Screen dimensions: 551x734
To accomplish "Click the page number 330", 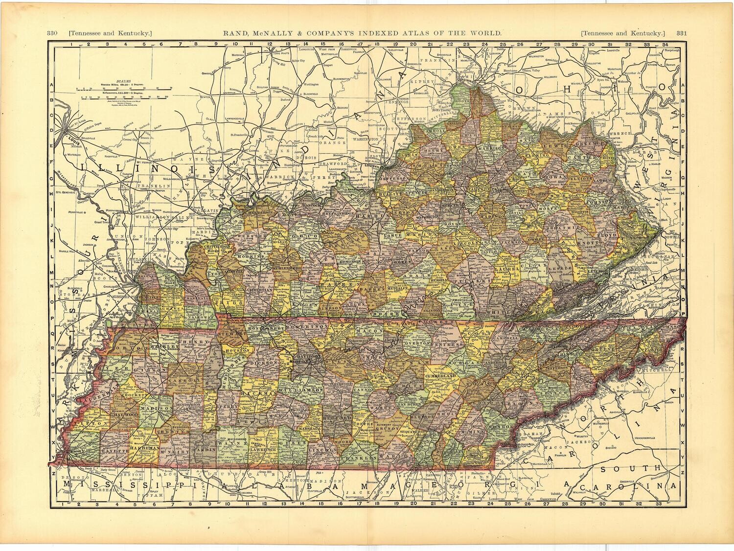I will [x=53, y=33].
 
